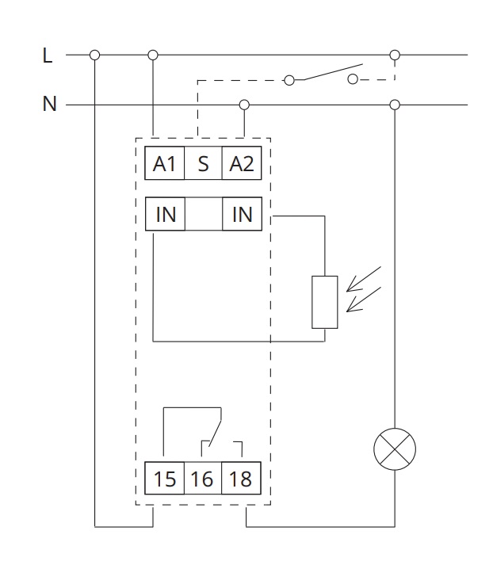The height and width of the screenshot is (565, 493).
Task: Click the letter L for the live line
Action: tap(48, 55)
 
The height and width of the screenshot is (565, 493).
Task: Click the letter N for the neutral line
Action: tap(49, 104)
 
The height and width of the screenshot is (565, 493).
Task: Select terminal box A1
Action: tap(165, 164)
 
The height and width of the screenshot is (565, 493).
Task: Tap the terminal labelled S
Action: tap(204, 164)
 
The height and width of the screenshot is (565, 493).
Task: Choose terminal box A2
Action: tap(242, 164)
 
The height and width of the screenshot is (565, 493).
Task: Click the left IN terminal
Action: tap(165, 214)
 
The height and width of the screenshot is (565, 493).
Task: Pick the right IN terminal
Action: tap(242, 214)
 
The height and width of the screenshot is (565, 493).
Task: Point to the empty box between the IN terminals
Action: tap(204, 214)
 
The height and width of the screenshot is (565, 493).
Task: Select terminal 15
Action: tap(165, 479)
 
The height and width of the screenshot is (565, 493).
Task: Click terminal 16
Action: tap(203, 479)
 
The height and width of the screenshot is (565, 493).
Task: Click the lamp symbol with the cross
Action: tap(394, 450)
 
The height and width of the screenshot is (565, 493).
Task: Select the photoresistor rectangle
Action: tap(325, 302)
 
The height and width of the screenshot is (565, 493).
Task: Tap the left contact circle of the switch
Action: tap(289, 80)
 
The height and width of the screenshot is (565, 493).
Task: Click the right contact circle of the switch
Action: tap(353, 79)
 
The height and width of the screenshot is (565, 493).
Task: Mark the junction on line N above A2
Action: tap(244, 105)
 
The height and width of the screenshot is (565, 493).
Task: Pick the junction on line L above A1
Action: tap(153, 55)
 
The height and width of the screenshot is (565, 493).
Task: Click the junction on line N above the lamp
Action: tap(395, 105)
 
